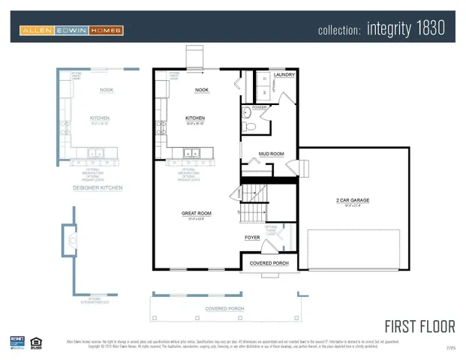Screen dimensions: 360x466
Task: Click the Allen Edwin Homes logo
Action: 71,31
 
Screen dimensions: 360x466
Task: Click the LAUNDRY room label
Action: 284,75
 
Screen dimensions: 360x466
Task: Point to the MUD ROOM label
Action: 271,154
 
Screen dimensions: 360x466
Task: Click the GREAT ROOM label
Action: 196,213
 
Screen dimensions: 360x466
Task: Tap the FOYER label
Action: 252,238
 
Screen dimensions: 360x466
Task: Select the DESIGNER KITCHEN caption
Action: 98,187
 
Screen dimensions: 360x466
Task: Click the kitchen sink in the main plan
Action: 190,154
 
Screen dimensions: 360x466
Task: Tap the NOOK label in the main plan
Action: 201,89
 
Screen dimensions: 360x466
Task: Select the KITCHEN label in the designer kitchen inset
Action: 100,118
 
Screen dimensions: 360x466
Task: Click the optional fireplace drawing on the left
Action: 70,240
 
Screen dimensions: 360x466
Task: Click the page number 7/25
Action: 450,349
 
